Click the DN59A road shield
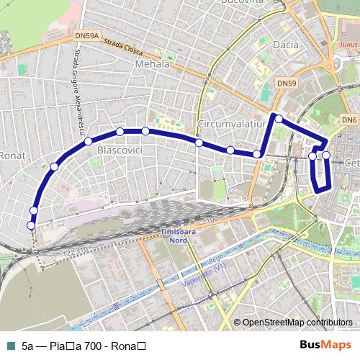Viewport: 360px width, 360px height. [x=86, y=35]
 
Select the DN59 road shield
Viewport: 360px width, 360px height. [x=287, y=84]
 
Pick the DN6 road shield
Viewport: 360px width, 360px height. [x=349, y=119]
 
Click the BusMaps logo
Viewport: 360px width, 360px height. [x=326, y=345]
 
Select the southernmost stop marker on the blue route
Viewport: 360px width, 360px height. [x=31, y=225]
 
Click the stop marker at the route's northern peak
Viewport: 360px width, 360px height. [x=278, y=118]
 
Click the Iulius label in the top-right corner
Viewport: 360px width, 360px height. [x=347, y=43]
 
